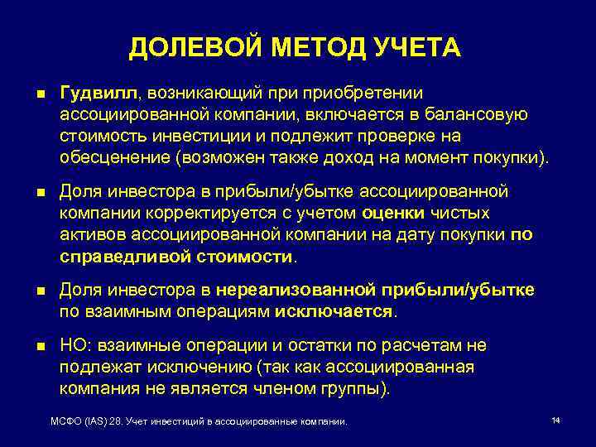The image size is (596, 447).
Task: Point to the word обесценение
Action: click(108, 157)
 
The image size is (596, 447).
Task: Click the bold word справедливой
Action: click(123, 257)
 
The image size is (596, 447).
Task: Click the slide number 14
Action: click(556, 421)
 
